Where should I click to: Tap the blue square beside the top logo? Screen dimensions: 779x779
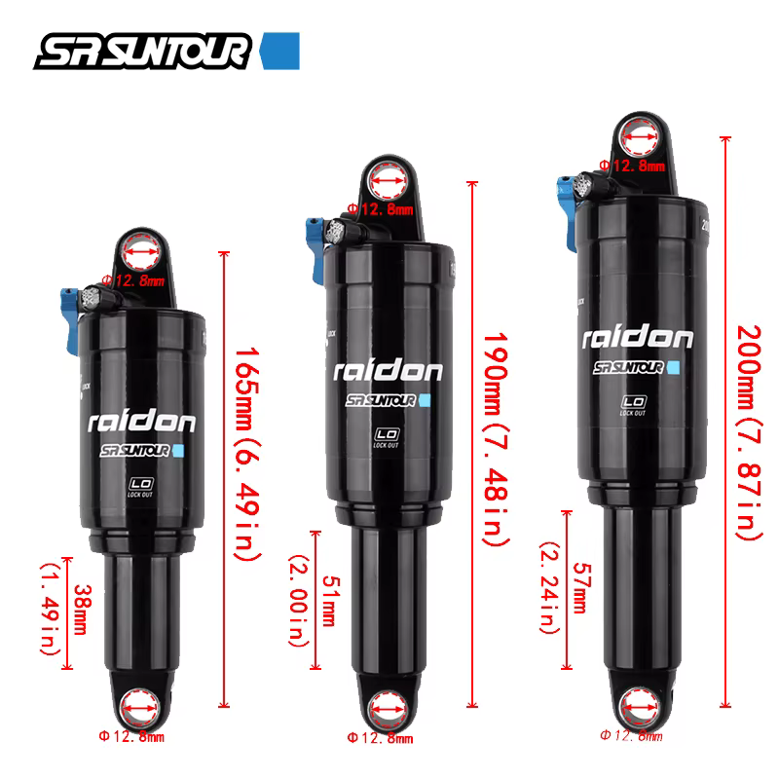[281, 51]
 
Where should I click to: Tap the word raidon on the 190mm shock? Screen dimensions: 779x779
[389, 370]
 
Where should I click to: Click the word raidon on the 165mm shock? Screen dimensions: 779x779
[142, 421]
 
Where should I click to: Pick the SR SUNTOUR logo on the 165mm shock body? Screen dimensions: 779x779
[142, 451]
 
